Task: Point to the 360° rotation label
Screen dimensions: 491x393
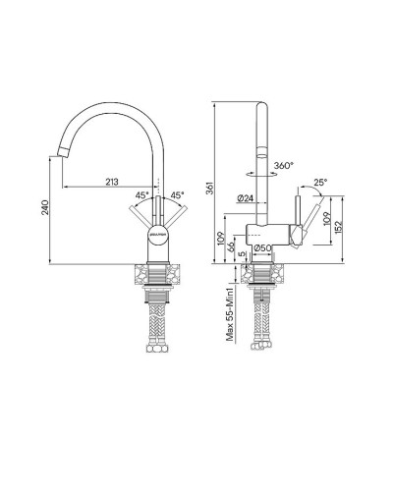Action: [x=285, y=165]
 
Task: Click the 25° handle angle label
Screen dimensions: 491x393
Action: [x=320, y=183]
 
